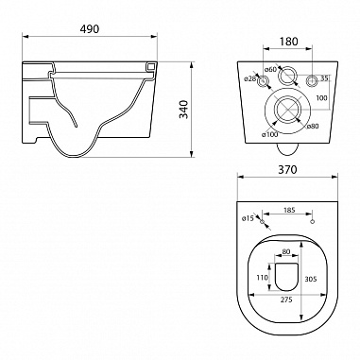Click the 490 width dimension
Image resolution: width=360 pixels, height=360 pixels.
click(x=89, y=29)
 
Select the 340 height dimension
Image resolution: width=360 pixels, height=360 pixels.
click(x=183, y=109)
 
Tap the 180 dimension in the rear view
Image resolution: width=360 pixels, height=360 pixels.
click(x=288, y=42)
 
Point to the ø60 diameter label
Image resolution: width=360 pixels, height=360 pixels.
click(x=270, y=69)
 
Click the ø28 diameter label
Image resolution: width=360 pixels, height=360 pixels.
click(x=250, y=78)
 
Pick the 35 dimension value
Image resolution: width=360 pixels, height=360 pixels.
click(x=324, y=77)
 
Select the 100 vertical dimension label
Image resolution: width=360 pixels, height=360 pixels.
click(x=321, y=98)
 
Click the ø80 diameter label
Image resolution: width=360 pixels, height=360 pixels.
click(x=313, y=126)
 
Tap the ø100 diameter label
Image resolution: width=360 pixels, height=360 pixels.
click(x=269, y=134)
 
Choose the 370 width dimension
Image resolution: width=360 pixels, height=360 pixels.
click(x=287, y=170)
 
